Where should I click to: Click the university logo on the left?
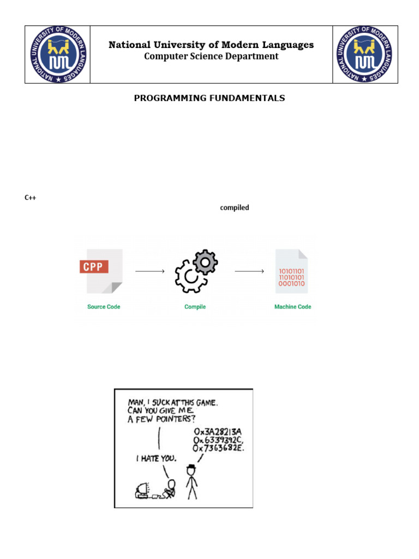57,54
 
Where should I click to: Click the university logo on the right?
365,54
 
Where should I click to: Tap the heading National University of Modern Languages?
211,45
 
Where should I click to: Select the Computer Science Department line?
211,56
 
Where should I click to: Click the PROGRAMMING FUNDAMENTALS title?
209,98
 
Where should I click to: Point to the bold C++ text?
30,198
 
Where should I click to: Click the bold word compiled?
235,208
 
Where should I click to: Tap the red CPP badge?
94,267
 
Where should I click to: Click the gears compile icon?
196,271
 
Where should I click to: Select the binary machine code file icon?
292,271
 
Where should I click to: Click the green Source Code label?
104,307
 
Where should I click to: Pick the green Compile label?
195,307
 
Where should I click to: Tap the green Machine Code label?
292,307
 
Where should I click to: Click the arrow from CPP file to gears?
149,271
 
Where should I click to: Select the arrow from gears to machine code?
249,271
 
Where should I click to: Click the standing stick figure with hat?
191,481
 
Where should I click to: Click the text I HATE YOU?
156,459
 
